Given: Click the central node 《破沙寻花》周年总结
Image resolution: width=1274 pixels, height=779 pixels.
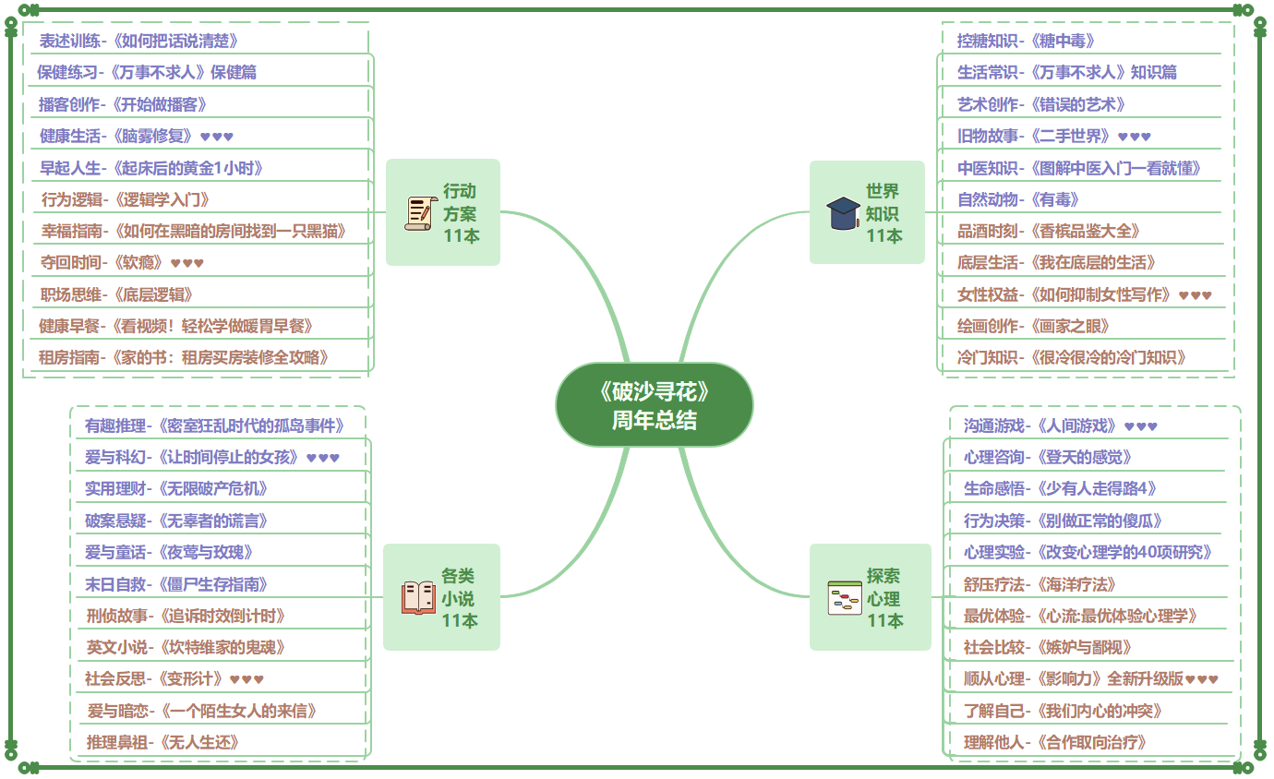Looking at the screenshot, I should [x=654, y=405].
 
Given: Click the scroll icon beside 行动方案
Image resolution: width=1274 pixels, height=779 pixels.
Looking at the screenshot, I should [x=418, y=213].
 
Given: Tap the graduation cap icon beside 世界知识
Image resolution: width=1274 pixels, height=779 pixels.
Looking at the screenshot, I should [x=843, y=213].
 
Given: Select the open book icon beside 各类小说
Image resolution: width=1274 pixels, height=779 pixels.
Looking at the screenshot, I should [x=418, y=597].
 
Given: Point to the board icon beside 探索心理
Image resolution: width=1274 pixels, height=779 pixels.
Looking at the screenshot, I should [x=844, y=598].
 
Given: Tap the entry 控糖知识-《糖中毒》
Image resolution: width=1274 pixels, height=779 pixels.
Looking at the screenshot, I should [x=1026, y=41].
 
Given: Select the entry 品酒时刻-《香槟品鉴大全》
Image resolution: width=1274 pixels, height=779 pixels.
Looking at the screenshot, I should [x=1050, y=231].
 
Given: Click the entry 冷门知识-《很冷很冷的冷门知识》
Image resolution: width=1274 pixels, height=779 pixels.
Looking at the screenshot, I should [x=1072, y=357].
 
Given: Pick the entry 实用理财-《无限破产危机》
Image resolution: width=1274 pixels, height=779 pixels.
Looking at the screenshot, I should [x=176, y=488].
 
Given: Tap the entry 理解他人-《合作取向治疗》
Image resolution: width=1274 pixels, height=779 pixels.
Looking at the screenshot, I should [x=1055, y=742].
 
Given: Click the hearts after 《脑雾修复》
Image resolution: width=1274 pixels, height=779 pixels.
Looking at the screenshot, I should [x=217, y=137].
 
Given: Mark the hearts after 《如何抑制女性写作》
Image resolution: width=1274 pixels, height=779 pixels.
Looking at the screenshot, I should [x=1196, y=295].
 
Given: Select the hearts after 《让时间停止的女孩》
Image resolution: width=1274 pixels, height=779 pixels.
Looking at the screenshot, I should [x=323, y=457].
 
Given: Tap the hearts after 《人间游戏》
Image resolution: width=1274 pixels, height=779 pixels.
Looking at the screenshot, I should [x=1141, y=426].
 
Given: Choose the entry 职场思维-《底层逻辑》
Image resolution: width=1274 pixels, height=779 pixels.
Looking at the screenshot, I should [x=116, y=294].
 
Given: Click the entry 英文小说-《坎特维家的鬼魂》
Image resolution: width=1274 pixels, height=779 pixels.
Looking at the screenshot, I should [x=186, y=647].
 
